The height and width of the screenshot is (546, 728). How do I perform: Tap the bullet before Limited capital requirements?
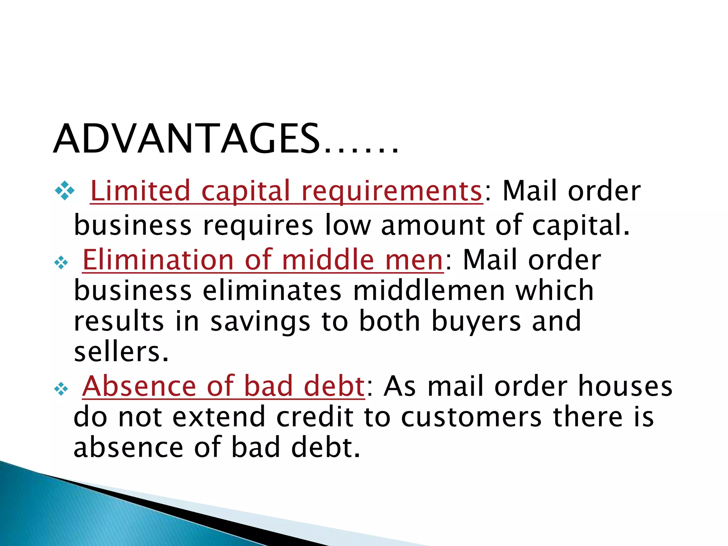click(65, 191)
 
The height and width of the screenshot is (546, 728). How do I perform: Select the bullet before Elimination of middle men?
click(61, 263)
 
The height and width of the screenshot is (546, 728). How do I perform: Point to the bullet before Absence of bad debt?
click(61, 389)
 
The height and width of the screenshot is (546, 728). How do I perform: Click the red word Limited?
click(140, 191)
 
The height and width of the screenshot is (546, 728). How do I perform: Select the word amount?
click(432, 225)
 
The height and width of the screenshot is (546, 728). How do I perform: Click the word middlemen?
click(429, 291)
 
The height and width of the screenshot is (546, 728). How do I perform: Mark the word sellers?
click(121, 352)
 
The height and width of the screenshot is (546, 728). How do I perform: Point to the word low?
click(348, 225)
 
